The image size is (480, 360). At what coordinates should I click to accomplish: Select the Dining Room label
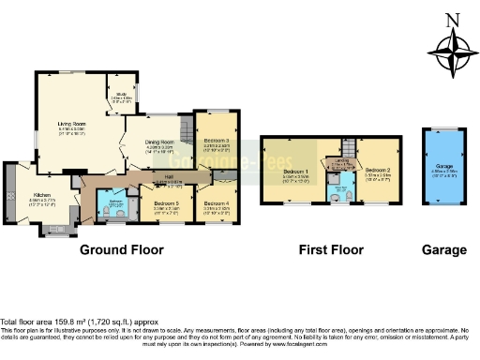coord(158,142)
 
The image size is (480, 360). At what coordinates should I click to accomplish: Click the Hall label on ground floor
coord(170,176)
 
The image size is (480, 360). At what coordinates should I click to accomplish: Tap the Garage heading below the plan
coord(443,250)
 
